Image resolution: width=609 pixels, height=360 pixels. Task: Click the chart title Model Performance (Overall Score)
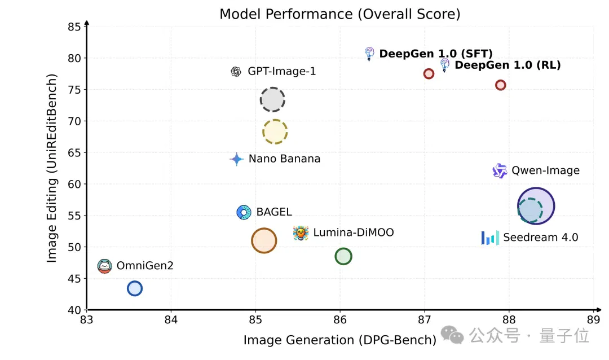pyautogui.click(x=340, y=14)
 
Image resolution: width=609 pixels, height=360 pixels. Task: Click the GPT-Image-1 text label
pyautogui.click(x=281, y=72)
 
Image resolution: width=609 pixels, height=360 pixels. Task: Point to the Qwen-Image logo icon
pyautogui.click(x=500, y=170)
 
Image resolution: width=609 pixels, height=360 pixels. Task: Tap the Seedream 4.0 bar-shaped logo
pyautogui.click(x=490, y=238)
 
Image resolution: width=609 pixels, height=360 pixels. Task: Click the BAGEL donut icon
pyautogui.click(x=244, y=212)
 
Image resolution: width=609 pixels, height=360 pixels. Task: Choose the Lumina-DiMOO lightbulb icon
pyautogui.click(x=301, y=233)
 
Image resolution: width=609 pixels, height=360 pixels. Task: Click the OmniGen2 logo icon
pyautogui.click(x=104, y=266)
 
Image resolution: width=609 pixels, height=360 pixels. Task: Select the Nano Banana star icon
pyautogui.click(x=236, y=159)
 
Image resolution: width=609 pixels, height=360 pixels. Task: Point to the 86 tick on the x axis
pyautogui.click(x=340, y=319)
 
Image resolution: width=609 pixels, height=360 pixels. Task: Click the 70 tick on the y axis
pyautogui.click(x=74, y=121)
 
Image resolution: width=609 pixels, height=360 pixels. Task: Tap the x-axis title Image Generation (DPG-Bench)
pyautogui.click(x=340, y=340)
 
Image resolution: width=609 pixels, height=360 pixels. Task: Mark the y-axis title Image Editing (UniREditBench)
pyautogui.click(x=51, y=168)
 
